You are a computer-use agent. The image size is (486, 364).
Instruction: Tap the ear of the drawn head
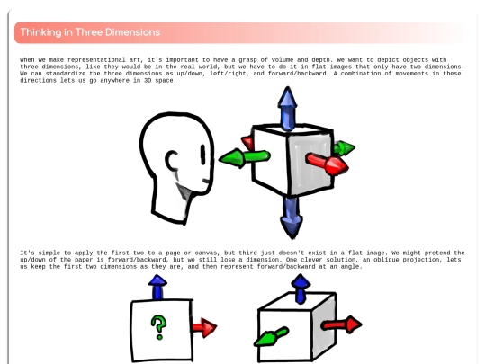point(171,160)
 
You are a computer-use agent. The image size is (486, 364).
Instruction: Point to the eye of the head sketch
point(203,155)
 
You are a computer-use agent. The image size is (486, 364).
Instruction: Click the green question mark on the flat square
point(159,327)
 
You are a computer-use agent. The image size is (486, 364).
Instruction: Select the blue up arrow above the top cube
point(288,108)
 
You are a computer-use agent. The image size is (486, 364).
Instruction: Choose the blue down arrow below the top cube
point(292,218)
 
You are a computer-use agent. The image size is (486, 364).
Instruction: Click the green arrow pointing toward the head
point(244,158)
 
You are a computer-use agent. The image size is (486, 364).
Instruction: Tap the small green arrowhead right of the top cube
point(345,148)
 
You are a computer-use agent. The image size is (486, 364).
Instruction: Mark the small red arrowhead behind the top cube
point(248,143)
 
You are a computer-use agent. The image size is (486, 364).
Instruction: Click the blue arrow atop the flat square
point(157,288)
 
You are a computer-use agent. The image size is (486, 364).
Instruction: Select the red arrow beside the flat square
point(204,327)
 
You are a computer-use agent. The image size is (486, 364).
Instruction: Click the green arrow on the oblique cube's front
point(272,336)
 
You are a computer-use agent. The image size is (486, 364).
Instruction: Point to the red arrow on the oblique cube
point(341,324)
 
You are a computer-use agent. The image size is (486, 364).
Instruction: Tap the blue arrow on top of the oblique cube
point(301,289)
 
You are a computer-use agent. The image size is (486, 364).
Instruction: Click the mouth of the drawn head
point(206,181)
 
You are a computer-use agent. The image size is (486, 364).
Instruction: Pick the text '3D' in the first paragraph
point(148,80)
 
